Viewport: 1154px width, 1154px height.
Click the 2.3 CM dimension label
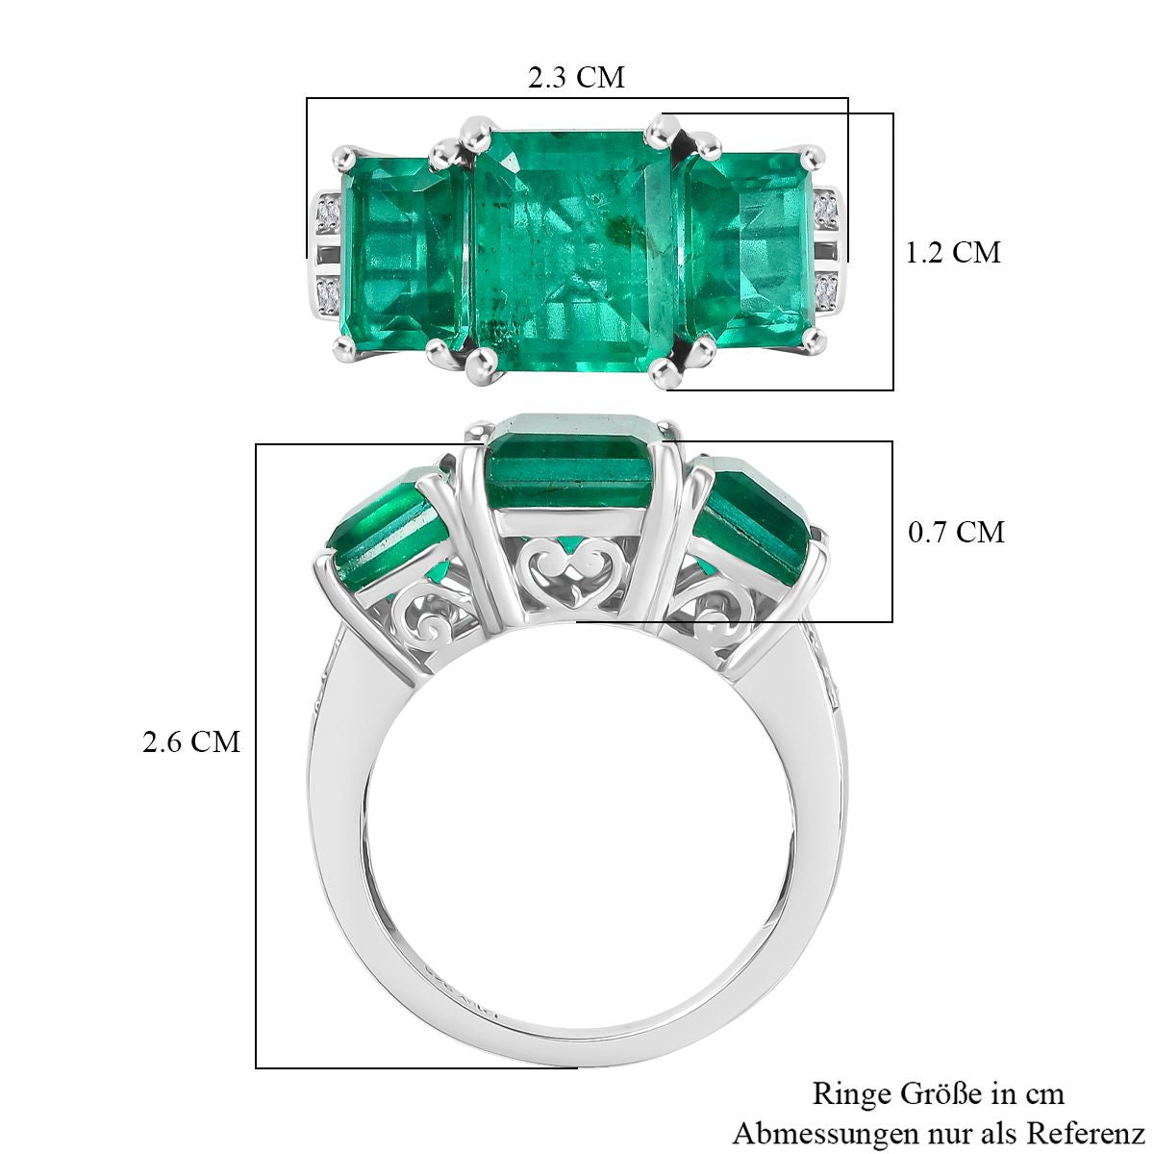(x=576, y=78)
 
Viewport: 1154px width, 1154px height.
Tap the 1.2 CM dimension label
(x=952, y=252)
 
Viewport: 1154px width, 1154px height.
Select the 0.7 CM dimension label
(x=956, y=532)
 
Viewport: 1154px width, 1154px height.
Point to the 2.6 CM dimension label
(x=191, y=742)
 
